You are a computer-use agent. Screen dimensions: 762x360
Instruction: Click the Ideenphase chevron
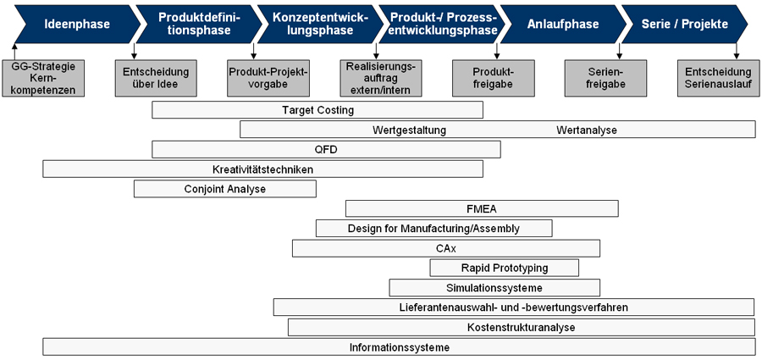(73, 24)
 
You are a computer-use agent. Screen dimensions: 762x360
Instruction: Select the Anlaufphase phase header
(563, 24)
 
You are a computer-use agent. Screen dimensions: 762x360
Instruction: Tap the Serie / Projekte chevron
(684, 24)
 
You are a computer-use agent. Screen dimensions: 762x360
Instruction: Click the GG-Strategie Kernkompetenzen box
(43, 78)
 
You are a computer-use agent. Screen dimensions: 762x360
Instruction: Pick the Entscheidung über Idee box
(156, 78)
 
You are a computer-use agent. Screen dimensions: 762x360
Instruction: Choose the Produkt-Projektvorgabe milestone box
(268, 78)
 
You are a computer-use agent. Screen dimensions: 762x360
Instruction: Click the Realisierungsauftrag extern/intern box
(381, 78)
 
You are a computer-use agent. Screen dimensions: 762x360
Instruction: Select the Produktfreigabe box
(494, 78)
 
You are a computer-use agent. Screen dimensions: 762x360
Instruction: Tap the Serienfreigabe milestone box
(605, 78)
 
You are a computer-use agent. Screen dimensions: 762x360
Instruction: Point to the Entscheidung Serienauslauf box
(718, 78)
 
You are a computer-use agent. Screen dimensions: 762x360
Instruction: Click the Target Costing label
(317, 110)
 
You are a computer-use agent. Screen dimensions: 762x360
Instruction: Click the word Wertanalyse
(587, 130)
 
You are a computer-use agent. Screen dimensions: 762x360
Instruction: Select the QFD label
(326, 150)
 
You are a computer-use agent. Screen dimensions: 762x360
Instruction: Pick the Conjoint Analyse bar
(225, 189)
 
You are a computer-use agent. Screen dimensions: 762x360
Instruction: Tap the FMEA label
(482, 209)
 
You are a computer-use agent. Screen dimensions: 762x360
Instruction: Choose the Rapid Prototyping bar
(505, 268)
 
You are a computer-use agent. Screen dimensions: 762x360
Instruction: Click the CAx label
(446, 248)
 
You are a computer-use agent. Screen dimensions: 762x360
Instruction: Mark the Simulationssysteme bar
(494, 287)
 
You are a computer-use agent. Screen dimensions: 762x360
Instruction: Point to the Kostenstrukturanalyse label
(521, 328)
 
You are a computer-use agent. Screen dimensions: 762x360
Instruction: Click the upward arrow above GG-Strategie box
(15, 52)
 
